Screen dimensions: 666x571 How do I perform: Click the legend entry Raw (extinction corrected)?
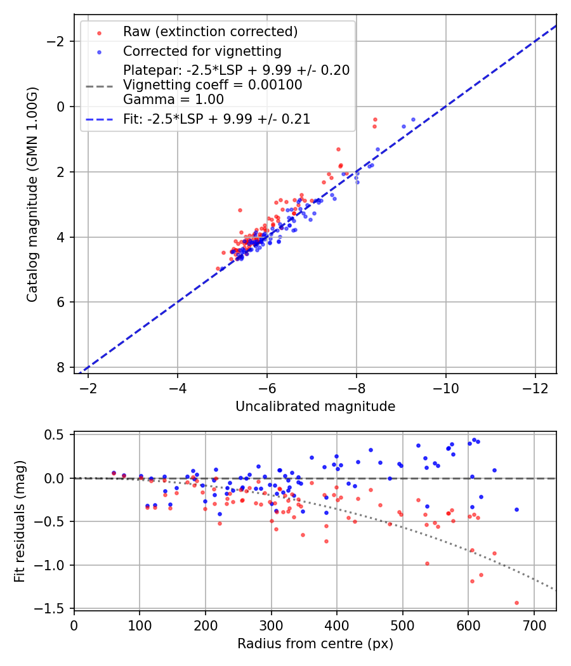point(210,32)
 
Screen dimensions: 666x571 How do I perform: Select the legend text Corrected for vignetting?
point(202,51)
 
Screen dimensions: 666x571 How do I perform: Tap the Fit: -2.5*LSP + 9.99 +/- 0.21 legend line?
point(99,119)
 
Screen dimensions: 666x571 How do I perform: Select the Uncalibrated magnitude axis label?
point(315,407)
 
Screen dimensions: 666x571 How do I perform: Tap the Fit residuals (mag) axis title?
point(20,521)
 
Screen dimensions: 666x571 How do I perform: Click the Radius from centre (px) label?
point(315,644)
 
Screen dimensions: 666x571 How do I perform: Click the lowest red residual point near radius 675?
point(516,603)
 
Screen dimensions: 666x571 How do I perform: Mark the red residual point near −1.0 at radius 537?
point(427,563)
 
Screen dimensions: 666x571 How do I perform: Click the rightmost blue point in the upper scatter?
point(413,119)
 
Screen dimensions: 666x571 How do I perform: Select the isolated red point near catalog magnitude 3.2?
point(240,210)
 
